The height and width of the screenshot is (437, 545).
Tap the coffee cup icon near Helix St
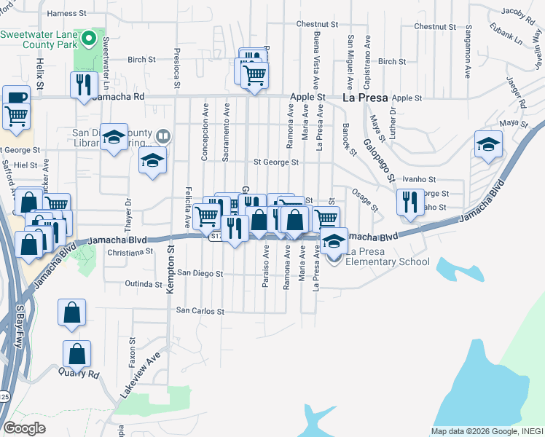pyautogui.click(x=16, y=98)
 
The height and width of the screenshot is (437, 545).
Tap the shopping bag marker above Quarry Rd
pyautogui.click(x=77, y=355)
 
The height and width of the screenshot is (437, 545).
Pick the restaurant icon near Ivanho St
pyautogui.click(x=411, y=200)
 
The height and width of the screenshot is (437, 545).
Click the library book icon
pyautogui.click(x=163, y=135)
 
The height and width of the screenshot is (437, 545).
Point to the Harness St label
pyautogui.click(x=66, y=13)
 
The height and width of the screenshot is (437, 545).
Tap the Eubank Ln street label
pyautogui.click(x=506, y=34)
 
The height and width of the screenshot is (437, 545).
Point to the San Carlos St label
pyautogui.click(x=200, y=311)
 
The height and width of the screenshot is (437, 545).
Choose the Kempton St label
pyautogui.click(x=170, y=270)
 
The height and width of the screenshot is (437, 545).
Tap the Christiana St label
pyautogui.click(x=128, y=251)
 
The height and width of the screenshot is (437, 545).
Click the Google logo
pyautogui.click(x=24, y=428)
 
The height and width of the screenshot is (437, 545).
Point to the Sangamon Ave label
pyautogui.click(x=467, y=51)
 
